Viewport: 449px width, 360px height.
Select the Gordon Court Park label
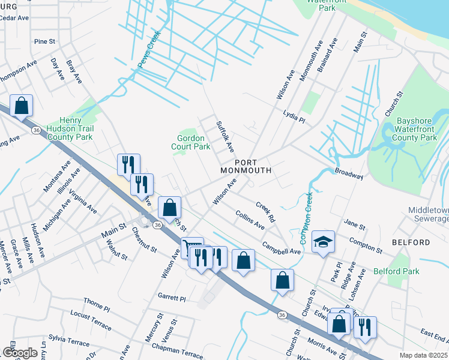click(x=190, y=142)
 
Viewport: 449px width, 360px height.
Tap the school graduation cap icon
click(x=323, y=241)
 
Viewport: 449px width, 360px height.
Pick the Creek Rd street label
click(x=265, y=211)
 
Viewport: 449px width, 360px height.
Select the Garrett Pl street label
click(x=172, y=298)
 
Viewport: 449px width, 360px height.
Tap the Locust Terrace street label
click(x=91, y=325)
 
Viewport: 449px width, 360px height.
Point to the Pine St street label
click(x=45, y=41)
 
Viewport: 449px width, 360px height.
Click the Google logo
click(x=20, y=353)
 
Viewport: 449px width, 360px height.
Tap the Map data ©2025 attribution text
click(x=423, y=355)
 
